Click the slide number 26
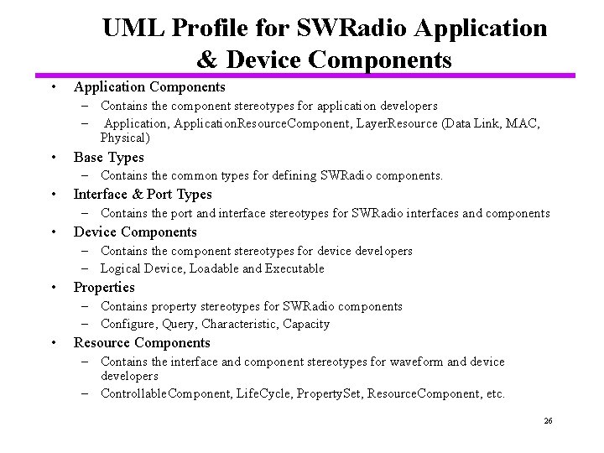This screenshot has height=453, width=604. pos(548,420)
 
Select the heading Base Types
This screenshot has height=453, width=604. pos(109,158)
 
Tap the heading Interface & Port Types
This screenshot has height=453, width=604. pos(143,195)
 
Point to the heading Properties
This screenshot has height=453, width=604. pos(104,287)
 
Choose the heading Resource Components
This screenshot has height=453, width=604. pos(142,342)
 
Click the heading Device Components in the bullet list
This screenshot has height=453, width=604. pos(135,232)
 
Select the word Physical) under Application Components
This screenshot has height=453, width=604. pos(125,138)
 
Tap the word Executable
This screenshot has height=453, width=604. pos(295,268)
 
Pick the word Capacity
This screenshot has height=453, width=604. pos(306,324)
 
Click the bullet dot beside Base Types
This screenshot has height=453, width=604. pos(53,158)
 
